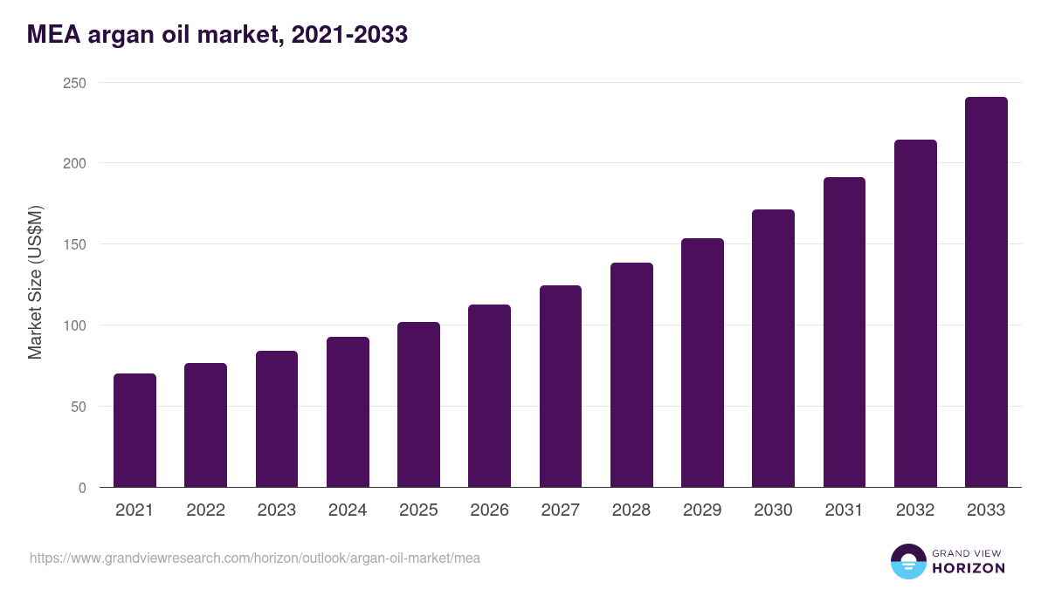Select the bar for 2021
click(x=134, y=430)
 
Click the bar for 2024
click(x=348, y=412)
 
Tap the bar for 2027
click(x=561, y=386)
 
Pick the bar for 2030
click(x=773, y=348)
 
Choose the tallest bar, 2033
click(x=986, y=292)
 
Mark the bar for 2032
click(x=915, y=313)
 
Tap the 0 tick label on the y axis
click(x=82, y=488)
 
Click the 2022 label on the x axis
click(x=205, y=510)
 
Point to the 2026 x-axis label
click(x=489, y=510)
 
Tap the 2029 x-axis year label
click(x=702, y=510)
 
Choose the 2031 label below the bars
click(x=845, y=510)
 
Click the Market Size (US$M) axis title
click(x=35, y=283)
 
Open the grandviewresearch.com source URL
click(x=255, y=558)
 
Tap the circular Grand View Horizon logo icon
click(x=907, y=561)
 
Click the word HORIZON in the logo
click(x=969, y=568)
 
